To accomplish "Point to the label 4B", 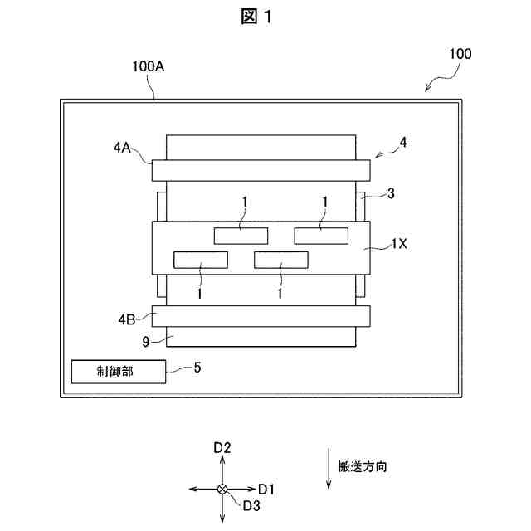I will coord(125,316).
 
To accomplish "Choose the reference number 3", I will coord(389,193).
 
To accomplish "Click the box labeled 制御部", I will coord(119,373).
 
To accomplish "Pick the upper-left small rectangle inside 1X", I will coord(241,236).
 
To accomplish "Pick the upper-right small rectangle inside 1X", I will coord(321,236).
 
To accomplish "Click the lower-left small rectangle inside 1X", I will coord(200,261).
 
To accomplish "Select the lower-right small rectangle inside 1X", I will coord(280,261).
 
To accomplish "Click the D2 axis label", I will coord(222,448).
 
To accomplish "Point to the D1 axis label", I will coord(266,489).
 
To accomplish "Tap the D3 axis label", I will coord(252,504).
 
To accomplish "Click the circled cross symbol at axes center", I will coord(222,490).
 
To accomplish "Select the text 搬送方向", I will coord(363,466).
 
